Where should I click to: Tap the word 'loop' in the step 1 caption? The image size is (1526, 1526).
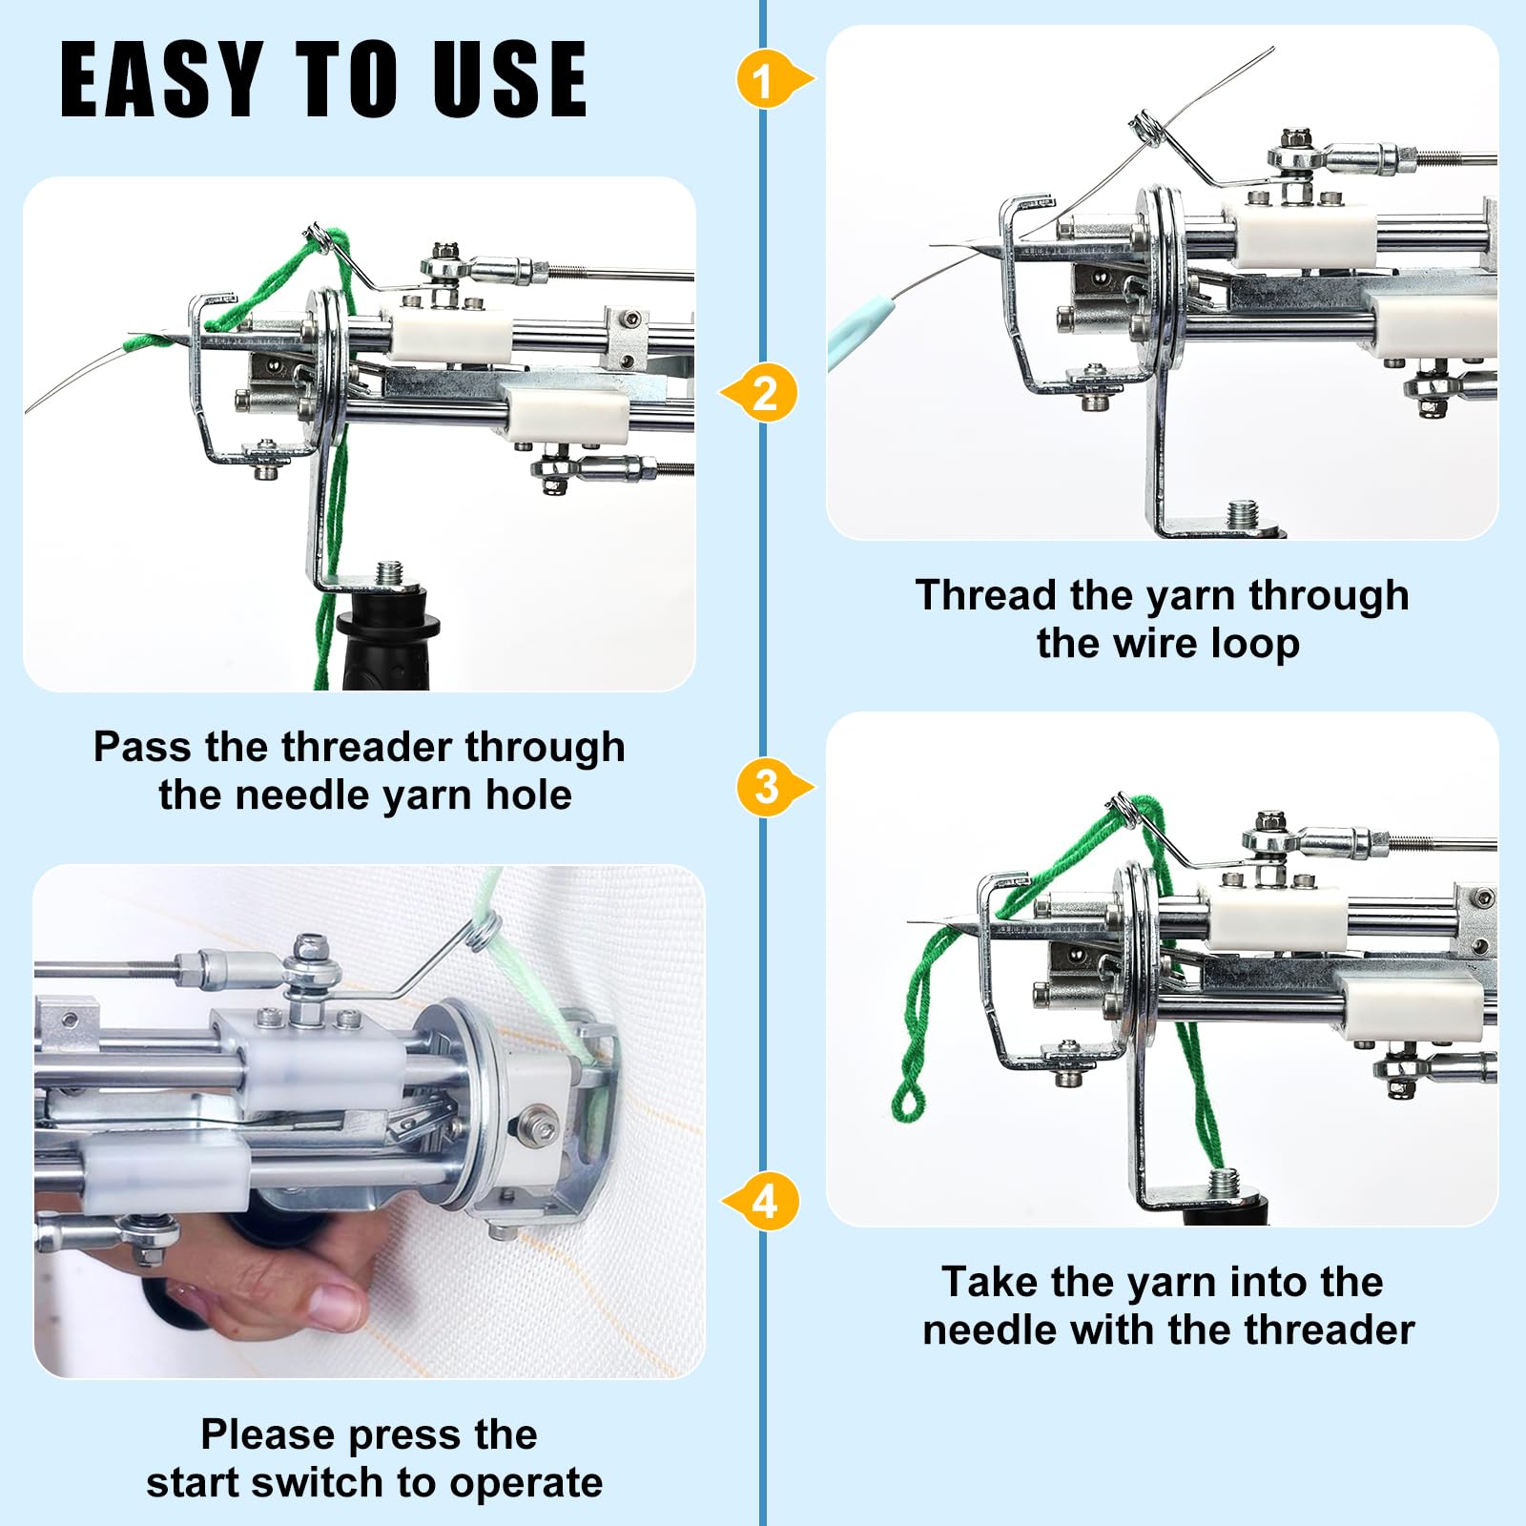point(1255,645)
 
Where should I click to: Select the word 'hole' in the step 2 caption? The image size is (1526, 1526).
point(528,794)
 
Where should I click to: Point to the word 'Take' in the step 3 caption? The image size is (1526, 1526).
point(989,1282)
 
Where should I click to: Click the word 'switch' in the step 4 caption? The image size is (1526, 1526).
point(318,1482)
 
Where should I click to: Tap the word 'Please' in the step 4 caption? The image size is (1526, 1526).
point(268,1435)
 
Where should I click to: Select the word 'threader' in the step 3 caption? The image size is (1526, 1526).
point(1334,1330)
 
